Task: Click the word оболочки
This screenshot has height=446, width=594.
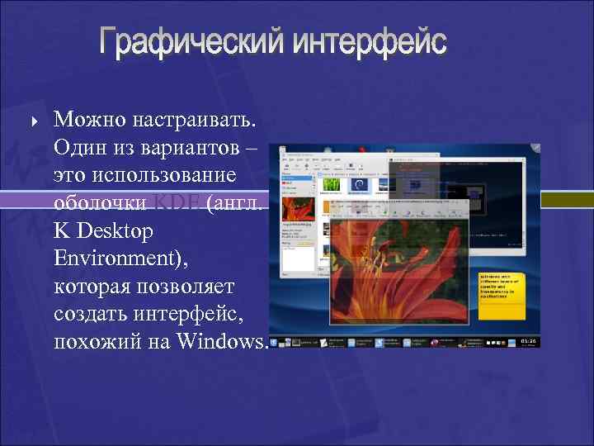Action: [100, 204]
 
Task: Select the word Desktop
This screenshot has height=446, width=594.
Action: [115, 231]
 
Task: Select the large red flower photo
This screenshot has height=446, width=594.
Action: [396, 264]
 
